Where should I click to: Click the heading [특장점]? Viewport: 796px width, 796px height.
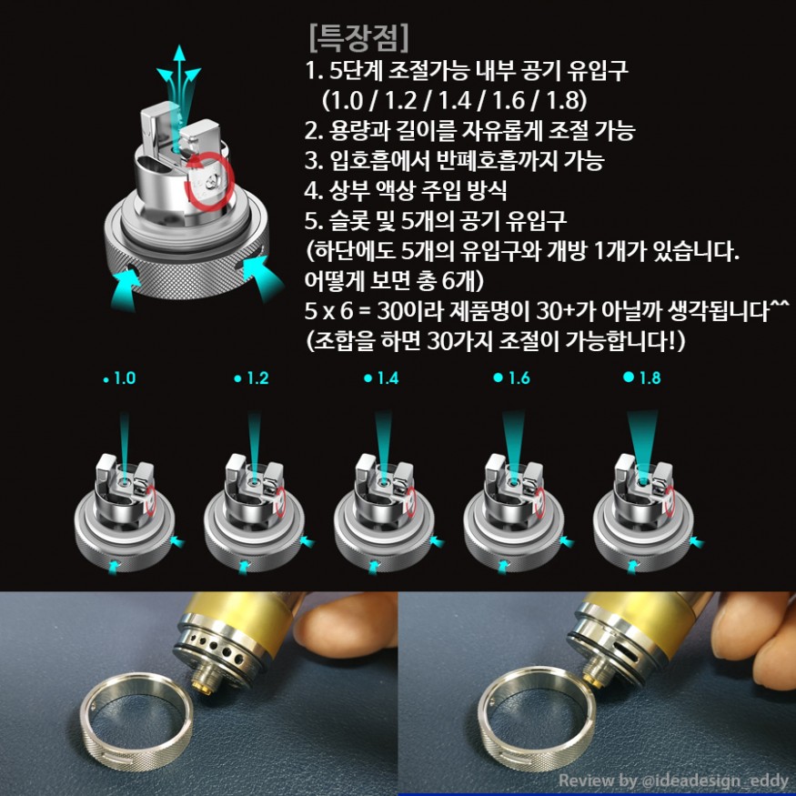(358, 38)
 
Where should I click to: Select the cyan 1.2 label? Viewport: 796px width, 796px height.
(251, 378)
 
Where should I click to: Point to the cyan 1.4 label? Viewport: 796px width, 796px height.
(381, 378)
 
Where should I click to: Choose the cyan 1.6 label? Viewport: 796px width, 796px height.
(511, 378)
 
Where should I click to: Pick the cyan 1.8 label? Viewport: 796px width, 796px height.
(642, 378)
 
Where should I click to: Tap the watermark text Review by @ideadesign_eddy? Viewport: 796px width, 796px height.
(673, 781)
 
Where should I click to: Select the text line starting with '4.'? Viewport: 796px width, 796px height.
(406, 190)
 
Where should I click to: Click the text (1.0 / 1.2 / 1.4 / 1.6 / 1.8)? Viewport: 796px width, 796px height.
(454, 100)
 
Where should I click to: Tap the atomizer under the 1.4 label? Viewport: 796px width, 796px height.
(384, 513)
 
